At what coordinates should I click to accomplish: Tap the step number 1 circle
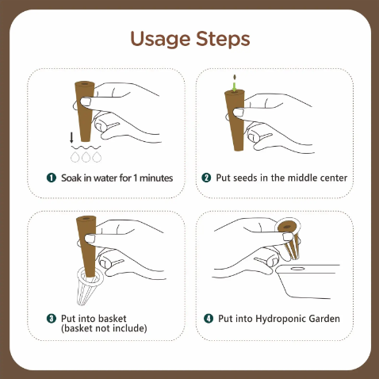coord(52,178)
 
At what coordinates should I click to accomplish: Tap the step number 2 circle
coord(207,178)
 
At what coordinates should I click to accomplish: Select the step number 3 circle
coord(52,319)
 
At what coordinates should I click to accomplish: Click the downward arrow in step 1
coord(71,137)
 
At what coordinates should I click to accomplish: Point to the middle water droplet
coord(85,157)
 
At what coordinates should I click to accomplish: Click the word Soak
coord(72,178)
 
